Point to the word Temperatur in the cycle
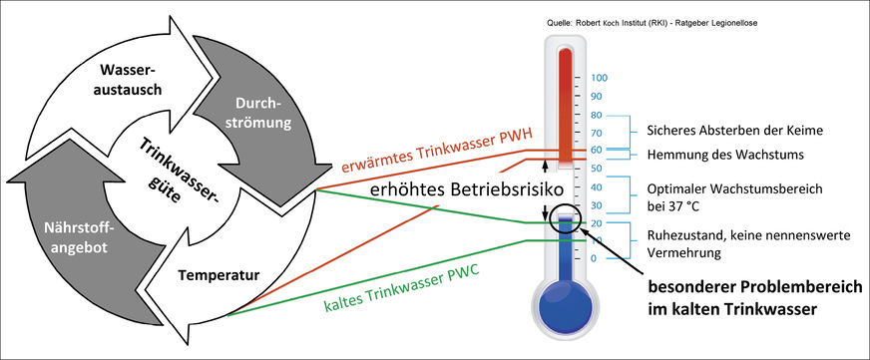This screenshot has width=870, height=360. (x=226, y=272)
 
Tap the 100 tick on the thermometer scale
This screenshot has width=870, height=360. (x=600, y=78)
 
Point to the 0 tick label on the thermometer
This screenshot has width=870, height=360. (x=595, y=259)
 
